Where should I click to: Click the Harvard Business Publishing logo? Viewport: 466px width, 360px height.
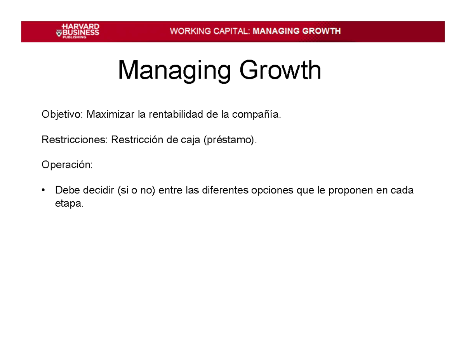[x=77, y=31]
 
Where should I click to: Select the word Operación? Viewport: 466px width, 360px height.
[x=67, y=165]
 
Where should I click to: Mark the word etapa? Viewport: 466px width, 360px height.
[x=69, y=203]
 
